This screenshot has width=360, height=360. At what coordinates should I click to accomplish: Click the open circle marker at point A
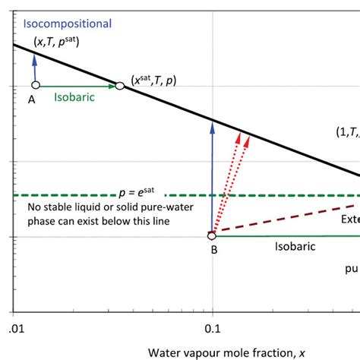point(35,85)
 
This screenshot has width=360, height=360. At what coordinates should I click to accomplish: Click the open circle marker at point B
point(213,235)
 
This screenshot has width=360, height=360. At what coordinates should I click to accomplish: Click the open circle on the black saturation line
point(119,86)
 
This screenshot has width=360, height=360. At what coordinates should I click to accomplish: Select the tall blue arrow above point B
point(213,175)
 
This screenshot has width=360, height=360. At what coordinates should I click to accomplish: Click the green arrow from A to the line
point(76,86)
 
